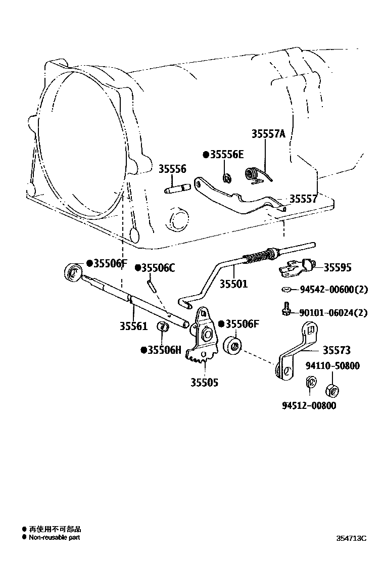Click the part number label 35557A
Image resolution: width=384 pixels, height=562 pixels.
point(268,134)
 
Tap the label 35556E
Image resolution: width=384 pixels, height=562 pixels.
point(226,155)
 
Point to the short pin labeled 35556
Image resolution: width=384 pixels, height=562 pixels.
point(177,189)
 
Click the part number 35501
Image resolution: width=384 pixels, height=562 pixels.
point(233,284)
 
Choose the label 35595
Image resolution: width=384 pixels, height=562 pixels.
point(337,268)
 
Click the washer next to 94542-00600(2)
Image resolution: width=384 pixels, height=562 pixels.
point(286,290)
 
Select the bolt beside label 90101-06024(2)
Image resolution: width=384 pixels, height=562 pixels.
point(286,309)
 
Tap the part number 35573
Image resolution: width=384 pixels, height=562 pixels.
point(337,350)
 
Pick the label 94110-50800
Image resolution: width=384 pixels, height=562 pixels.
point(332,365)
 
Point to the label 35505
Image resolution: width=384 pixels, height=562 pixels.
point(204,383)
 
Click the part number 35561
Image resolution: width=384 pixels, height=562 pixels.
point(133,326)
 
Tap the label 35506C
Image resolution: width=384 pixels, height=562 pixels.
point(158,268)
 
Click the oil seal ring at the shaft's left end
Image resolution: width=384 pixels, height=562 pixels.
point(74,272)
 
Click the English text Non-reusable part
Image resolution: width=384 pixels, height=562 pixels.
point(54,538)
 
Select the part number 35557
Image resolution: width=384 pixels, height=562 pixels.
point(303,199)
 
